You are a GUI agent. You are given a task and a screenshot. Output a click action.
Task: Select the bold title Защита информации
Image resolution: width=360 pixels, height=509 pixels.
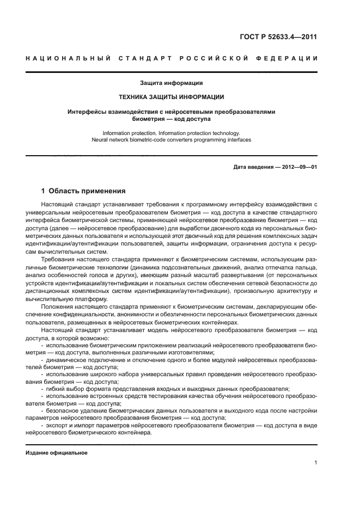pos(172,83)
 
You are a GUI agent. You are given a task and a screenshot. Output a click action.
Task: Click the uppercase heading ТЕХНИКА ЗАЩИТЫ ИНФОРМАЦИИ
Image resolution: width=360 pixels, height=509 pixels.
pos(172,97)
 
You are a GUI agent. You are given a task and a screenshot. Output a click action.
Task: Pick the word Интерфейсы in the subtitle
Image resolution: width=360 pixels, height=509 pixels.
pos(84,112)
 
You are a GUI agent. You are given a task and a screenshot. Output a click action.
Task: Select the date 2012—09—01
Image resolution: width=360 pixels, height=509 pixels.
pos(298,167)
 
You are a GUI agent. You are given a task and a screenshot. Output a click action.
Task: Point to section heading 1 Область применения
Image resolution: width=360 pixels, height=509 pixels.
pos(84,191)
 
